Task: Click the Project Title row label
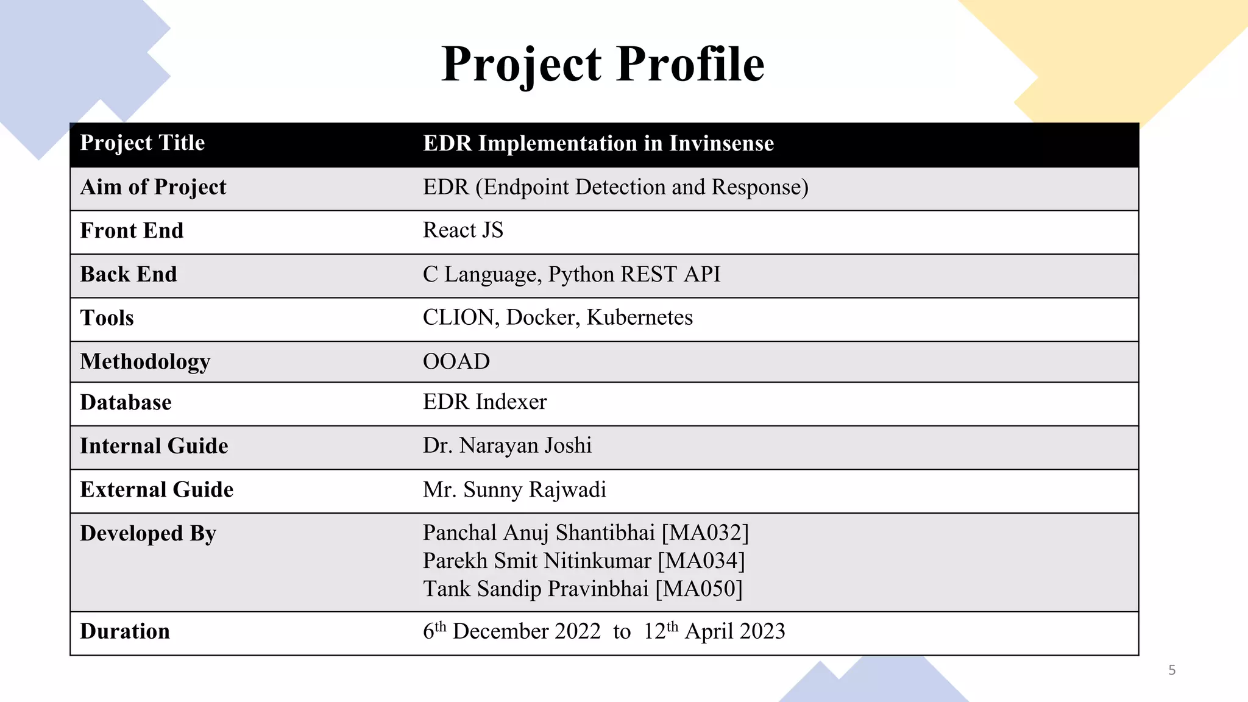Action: pos(142,143)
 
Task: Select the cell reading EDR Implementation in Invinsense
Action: pos(598,144)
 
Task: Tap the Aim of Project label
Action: pos(153,187)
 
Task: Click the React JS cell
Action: pos(463,230)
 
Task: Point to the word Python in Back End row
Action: pos(581,275)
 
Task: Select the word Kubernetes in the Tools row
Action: pos(639,317)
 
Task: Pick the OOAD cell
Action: pos(456,361)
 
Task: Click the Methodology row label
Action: pos(145,362)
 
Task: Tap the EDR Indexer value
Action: pos(484,402)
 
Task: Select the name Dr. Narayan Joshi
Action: pos(507,445)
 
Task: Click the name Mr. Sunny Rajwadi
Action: pos(514,490)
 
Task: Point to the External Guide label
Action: pos(157,490)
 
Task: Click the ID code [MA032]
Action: pos(705,533)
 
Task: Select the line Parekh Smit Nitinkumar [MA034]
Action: pos(584,561)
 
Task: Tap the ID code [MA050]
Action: pos(699,589)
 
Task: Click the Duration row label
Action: pos(125,631)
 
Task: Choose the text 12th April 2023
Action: pos(714,631)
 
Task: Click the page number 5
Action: pos(1172,670)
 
